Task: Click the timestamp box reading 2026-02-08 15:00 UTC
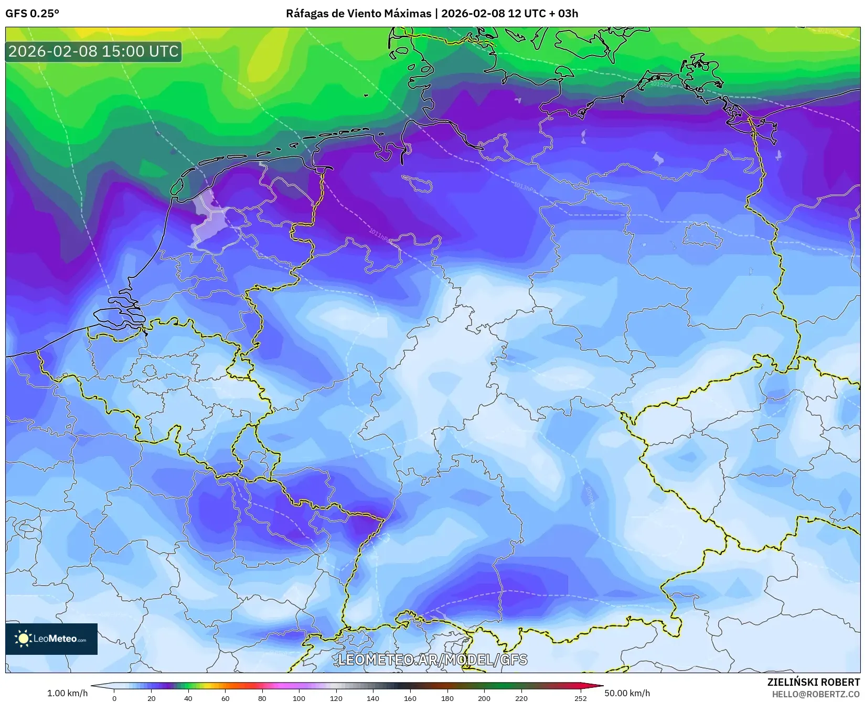pos(93,51)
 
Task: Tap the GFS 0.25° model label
pos(32,14)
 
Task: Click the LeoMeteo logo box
pos(51,639)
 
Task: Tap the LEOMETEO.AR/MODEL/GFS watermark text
pos(432,660)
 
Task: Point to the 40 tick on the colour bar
pos(188,698)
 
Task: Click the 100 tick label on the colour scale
pos(299,698)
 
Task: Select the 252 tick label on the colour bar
pos(580,698)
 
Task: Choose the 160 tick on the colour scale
pos(410,698)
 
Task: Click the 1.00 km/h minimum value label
pos(68,693)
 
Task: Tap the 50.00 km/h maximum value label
pos(627,693)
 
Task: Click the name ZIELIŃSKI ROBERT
pos(814,682)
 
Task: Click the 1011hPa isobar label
pos(380,235)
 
